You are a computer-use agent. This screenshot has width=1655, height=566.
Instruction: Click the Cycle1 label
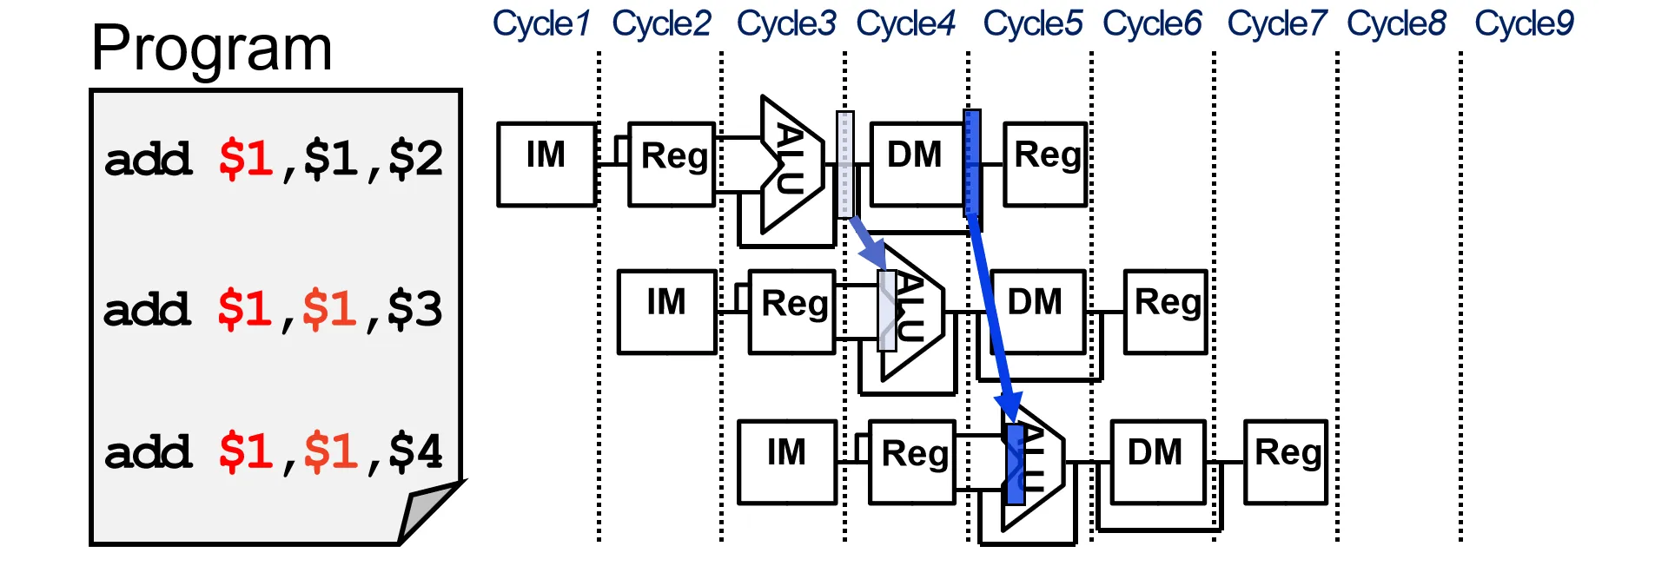(541, 23)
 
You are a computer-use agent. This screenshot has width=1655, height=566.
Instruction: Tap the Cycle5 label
(1032, 23)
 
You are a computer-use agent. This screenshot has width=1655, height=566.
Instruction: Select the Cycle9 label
(1524, 23)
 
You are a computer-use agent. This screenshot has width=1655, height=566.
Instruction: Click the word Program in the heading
(212, 49)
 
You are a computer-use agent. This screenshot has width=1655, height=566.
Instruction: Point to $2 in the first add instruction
(415, 159)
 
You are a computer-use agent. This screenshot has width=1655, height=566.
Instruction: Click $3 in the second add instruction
(414, 309)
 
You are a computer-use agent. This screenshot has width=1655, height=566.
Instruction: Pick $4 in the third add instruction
(415, 451)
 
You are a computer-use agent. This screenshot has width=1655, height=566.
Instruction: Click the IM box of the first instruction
(546, 164)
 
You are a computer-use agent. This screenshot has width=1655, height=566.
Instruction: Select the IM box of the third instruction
(786, 462)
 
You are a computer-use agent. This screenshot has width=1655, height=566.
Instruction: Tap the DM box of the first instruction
(916, 164)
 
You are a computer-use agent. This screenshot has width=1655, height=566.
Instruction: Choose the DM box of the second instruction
(1036, 312)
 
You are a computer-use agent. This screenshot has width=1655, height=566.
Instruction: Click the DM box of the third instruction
(1156, 462)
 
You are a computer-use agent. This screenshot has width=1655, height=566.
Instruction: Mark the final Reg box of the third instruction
(1286, 462)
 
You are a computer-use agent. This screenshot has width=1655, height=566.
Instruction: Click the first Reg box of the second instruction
(792, 312)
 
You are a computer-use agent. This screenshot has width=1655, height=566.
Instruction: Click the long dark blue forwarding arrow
(990, 313)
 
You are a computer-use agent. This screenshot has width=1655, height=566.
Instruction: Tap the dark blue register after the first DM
(972, 163)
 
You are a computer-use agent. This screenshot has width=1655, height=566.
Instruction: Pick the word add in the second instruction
(147, 310)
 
